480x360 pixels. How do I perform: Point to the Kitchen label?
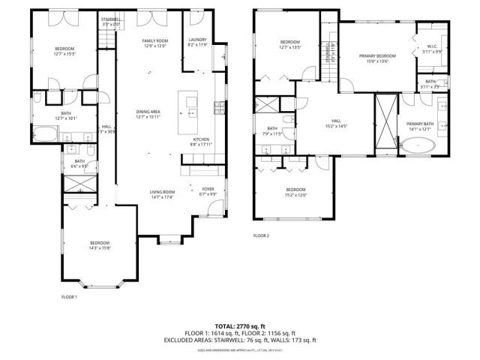point(200,141)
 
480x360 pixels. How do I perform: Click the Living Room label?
point(162,194)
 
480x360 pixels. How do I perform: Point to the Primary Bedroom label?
point(376,58)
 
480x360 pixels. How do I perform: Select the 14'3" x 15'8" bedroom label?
point(99,245)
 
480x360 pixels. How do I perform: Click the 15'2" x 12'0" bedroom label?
point(295,192)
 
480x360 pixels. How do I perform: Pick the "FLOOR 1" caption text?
point(69,297)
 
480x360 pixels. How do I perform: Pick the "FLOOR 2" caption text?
point(261,235)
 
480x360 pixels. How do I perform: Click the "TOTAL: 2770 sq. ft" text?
point(240,326)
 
